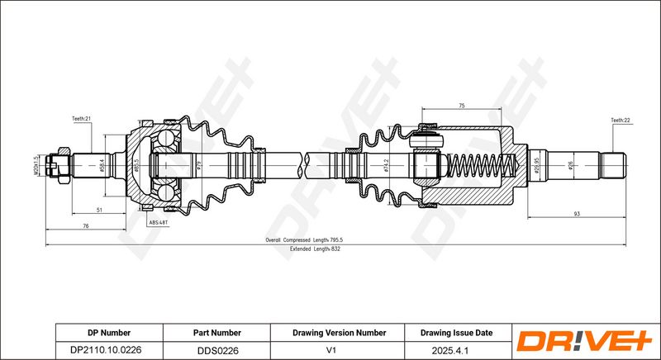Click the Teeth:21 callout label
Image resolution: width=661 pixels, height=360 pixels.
[x=81, y=120]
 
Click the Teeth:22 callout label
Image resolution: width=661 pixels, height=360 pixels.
[x=621, y=121]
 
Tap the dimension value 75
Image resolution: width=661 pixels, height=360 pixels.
[x=461, y=106]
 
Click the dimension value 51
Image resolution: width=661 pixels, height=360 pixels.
[x=99, y=211]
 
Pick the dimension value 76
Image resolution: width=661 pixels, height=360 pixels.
[x=86, y=227]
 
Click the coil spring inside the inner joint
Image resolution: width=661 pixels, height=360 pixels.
[x=475, y=165]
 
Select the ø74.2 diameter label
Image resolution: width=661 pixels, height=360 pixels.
[x=387, y=166]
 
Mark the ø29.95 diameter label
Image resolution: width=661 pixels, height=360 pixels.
[x=536, y=165]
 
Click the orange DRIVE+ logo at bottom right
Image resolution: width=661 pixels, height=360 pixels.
[x=586, y=341]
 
